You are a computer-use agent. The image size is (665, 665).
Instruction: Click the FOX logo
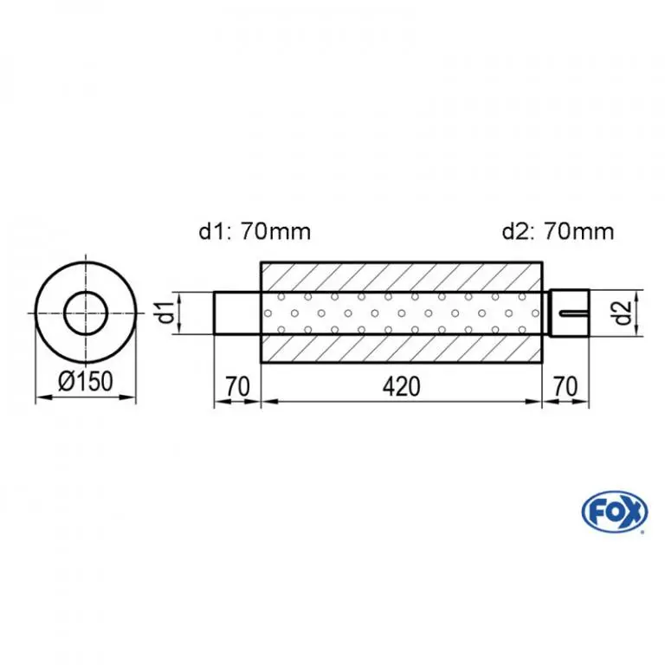click(615, 512)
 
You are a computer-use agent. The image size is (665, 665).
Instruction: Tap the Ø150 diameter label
click(86, 380)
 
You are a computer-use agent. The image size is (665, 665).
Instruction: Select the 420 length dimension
click(401, 386)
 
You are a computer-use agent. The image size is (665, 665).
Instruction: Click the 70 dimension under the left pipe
click(237, 386)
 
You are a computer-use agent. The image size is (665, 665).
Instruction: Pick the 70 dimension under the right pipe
click(565, 386)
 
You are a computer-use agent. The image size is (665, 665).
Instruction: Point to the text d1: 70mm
click(255, 231)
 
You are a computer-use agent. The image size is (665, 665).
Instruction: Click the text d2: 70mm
click(558, 231)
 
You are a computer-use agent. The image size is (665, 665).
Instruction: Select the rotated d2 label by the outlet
click(623, 313)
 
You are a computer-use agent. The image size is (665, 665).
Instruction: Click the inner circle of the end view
click(86, 293)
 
